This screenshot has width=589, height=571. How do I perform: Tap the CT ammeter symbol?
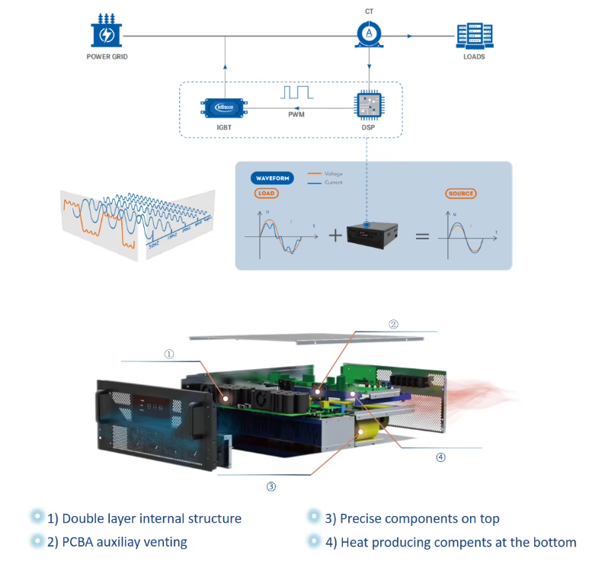coord(369,34)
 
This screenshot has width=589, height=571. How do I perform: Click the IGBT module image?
coord(223,107)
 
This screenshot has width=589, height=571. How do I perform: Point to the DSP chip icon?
coord(368,107)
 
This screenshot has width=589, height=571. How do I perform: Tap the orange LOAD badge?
coord(267,194)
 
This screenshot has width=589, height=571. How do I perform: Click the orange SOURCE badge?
coord(460,194)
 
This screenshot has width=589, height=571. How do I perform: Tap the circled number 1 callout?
coord(169,354)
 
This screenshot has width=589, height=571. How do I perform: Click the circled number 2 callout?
coord(393,324)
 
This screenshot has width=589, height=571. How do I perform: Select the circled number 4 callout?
coord(440,457)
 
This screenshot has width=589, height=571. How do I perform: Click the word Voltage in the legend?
coord(333,174)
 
